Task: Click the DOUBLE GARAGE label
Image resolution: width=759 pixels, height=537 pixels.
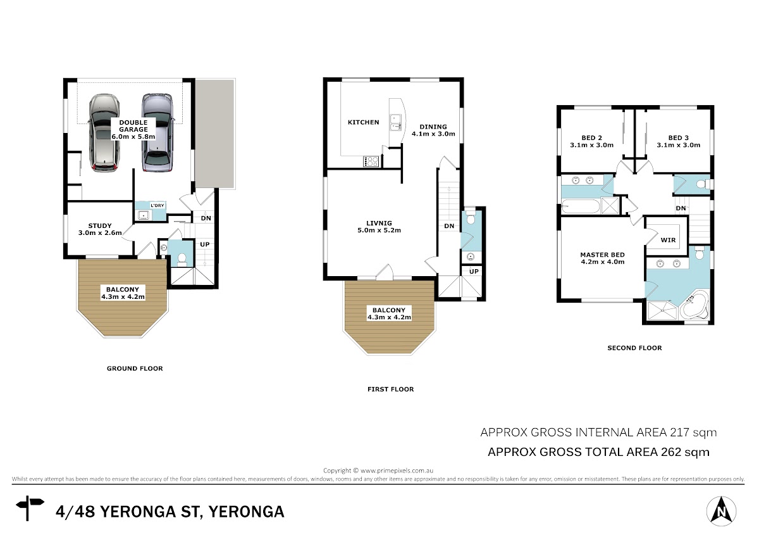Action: (133, 130)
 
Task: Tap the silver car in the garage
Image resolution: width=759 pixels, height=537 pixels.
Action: (157, 133)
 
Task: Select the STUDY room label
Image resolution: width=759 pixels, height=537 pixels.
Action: (100, 229)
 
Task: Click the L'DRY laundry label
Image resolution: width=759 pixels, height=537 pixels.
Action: (157, 206)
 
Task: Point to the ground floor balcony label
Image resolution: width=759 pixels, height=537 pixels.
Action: (123, 293)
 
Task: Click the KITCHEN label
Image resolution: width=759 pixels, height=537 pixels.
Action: (363, 122)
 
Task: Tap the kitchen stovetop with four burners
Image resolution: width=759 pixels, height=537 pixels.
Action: (371, 161)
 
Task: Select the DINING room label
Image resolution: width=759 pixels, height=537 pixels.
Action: (433, 130)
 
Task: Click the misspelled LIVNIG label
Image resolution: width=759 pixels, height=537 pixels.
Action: (379, 227)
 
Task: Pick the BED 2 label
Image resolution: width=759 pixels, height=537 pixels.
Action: (591, 141)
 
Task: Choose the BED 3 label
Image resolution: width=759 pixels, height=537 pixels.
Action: (678, 141)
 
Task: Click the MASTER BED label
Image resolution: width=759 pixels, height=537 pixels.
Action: (602, 258)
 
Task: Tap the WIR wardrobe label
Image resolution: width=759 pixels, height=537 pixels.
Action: (668, 240)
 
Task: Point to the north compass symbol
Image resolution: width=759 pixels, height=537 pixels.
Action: (722, 511)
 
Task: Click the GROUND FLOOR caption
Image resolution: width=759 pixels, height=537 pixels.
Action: (135, 369)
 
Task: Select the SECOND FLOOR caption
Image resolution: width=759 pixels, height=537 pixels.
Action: (634, 348)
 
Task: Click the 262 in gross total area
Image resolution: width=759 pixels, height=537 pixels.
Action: (671, 452)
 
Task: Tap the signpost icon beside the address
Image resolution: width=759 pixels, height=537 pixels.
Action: (30, 508)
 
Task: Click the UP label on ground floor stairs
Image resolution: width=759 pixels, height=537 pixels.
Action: (205, 244)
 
